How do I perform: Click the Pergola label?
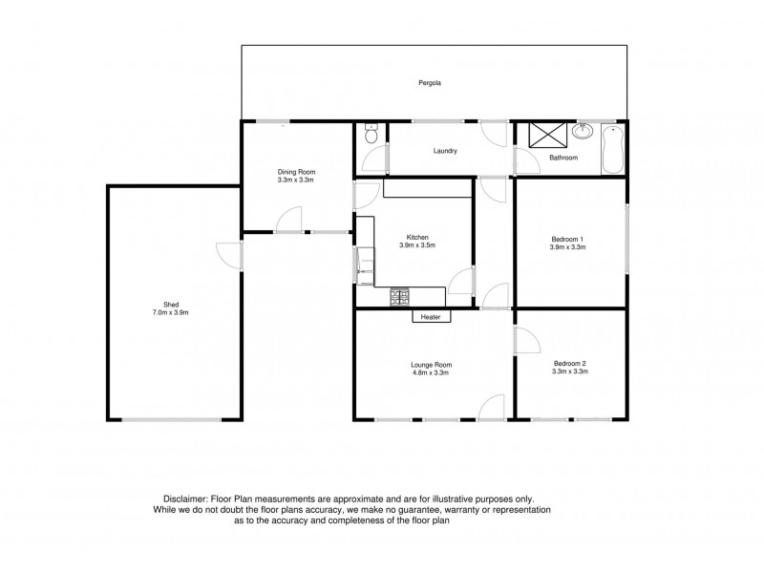point(430,83)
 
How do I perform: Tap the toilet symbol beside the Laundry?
point(371,133)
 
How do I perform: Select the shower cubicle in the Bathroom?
point(548,134)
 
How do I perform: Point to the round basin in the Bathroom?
point(582,131)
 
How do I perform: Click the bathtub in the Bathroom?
point(612,149)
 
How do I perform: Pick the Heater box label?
point(431,317)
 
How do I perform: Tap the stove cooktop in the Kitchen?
point(399,297)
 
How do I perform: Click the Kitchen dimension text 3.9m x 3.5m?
point(417,245)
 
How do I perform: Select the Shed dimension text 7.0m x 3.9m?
point(171,312)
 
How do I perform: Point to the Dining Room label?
point(296,172)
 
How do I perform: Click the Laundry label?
point(445,151)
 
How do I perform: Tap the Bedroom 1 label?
point(567,240)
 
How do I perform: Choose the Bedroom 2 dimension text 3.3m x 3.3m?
point(570,371)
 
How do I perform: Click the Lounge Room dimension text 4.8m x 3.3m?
point(431,372)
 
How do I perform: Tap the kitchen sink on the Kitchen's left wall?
point(365,265)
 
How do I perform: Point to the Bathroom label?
point(563,158)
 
